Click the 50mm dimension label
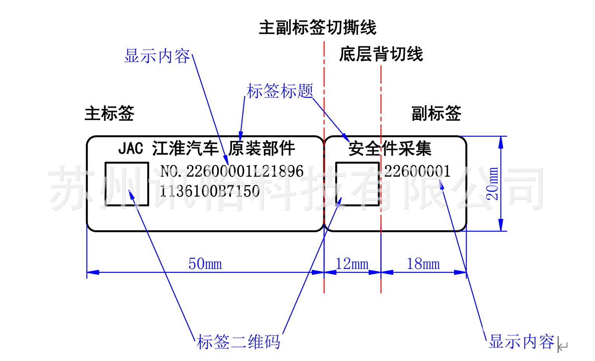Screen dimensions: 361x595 pyautogui.click(x=205, y=264)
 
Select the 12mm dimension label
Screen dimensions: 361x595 pyautogui.click(x=352, y=264)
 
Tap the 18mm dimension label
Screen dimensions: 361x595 pyautogui.click(x=423, y=264)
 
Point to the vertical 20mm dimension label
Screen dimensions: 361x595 pyautogui.click(x=493, y=184)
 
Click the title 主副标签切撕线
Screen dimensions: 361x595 pyautogui.click(x=317, y=28)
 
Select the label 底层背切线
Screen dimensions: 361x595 pyautogui.click(x=381, y=54)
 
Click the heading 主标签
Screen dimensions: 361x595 pyautogui.click(x=109, y=113)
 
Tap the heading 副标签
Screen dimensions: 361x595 pyautogui.click(x=436, y=113)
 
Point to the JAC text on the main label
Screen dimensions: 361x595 pyautogui.click(x=130, y=148)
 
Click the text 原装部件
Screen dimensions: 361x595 pyautogui.click(x=262, y=148)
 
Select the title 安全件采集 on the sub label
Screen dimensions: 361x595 pyautogui.click(x=390, y=148)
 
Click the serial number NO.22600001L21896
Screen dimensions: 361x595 pyautogui.click(x=232, y=171)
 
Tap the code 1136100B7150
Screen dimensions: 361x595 pyautogui.click(x=210, y=191)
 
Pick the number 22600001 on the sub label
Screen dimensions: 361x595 pyautogui.click(x=417, y=171)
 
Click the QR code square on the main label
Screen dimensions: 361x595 pyautogui.click(x=127, y=184)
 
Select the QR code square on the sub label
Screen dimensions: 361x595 pyautogui.click(x=357, y=184)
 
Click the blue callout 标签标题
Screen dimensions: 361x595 pyautogui.click(x=280, y=91)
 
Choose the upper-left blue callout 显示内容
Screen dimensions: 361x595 pyautogui.click(x=157, y=56)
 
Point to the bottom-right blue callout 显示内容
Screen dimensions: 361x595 pyautogui.click(x=521, y=342)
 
